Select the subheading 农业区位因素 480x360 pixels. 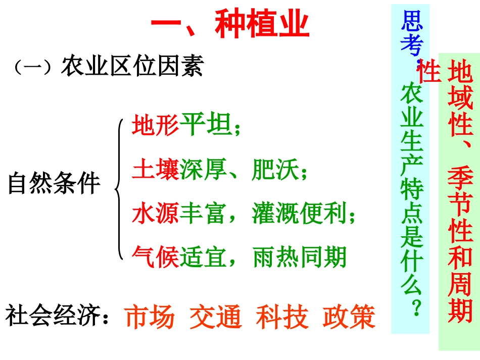[132, 66]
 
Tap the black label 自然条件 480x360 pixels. [54, 184]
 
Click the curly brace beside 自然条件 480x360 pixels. [119, 189]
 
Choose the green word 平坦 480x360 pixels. [205, 125]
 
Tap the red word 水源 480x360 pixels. [156, 214]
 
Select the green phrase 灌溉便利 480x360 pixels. [300, 214]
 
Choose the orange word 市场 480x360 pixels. [150, 317]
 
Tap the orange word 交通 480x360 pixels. [216, 317]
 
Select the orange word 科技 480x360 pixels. [282, 317]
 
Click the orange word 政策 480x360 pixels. [349, 317]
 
